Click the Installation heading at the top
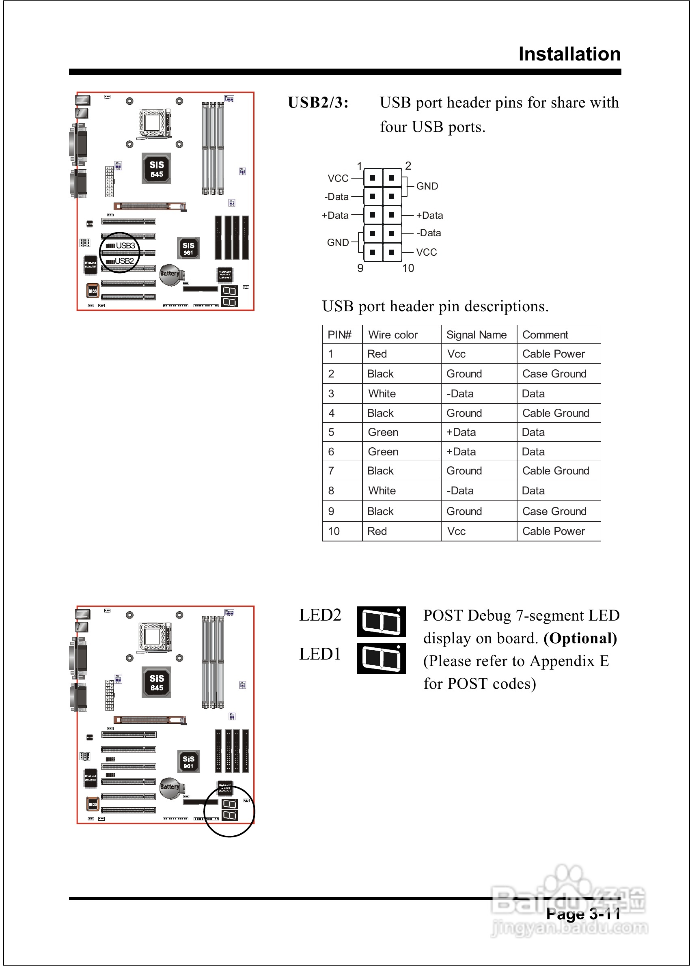(569, 54)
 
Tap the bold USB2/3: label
(318, 103)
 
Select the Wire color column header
(392, 335)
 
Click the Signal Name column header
(476, 335)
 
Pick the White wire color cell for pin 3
(382, 394)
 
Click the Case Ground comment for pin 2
(554, 374)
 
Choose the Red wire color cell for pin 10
(377, 531)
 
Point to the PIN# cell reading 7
(332, 471)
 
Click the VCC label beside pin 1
(338, 179)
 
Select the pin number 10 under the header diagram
(408, 268)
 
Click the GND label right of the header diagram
(427, 186)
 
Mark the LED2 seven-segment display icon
(381, 622)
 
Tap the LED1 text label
(320, 654)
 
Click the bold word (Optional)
(580, 638)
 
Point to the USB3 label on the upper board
(125, 246)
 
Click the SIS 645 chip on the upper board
(156, 169)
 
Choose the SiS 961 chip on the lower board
(188, 762)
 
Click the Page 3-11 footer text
(583, 914)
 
